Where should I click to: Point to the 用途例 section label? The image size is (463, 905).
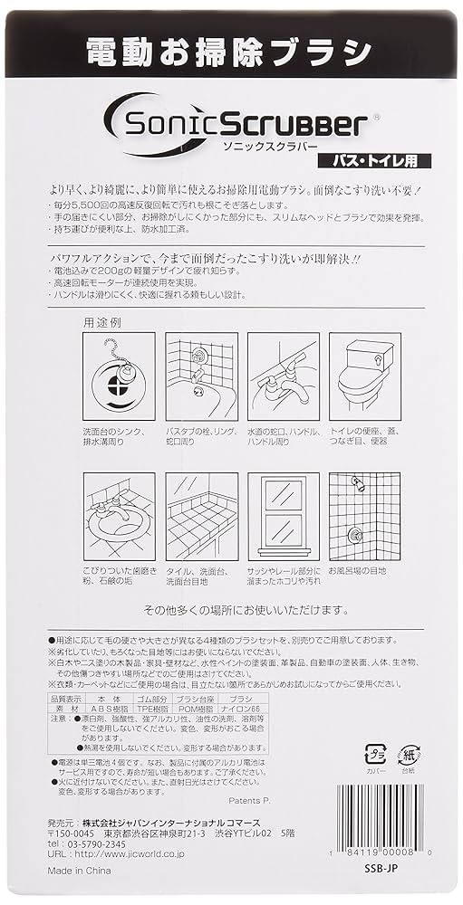101,322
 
